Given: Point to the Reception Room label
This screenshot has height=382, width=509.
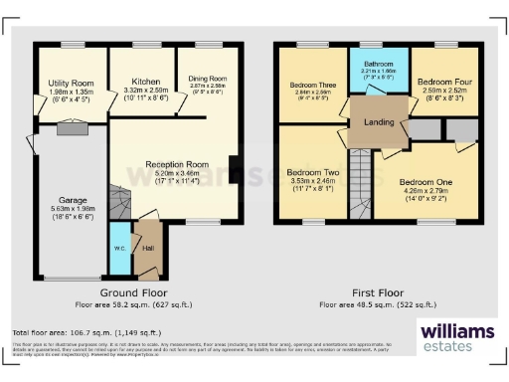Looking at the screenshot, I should (174, 164).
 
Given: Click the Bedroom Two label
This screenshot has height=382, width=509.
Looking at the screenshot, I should (312, 172).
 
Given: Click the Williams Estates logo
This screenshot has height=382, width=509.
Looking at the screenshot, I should (455, 336).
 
